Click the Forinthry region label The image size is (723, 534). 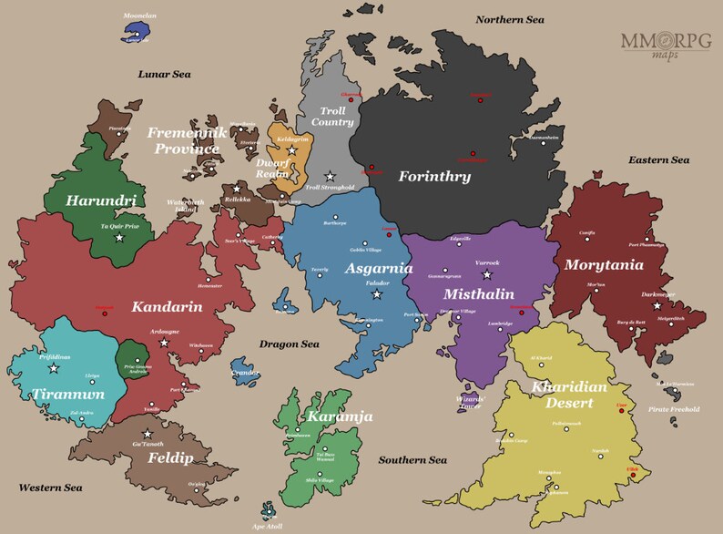click(434, 177)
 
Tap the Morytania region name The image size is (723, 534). click(605, 265)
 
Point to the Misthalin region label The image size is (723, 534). click(479, 294)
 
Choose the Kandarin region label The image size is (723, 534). click(167, 307)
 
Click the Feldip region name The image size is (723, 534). click(169, 458)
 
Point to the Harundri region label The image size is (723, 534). click(101, 200)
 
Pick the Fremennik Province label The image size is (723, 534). click(185, 140)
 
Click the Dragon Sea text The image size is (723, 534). click(289, 344)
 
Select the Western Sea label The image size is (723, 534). click(50, 488)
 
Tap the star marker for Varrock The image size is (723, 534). click(486, 274)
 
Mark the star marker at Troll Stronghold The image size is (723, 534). click(331, 176)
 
